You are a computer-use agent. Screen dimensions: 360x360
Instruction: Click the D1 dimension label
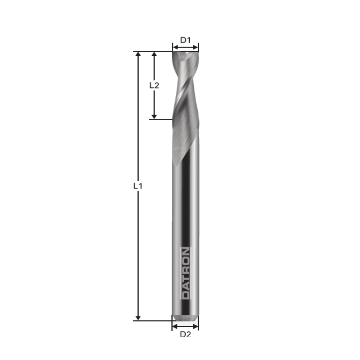[185, 40]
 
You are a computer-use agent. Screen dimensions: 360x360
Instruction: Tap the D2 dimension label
[185, 334]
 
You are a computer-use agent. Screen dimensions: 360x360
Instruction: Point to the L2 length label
[154, 85]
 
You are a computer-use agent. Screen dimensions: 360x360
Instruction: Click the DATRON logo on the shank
[185, 273]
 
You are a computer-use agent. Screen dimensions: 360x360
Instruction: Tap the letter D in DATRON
[185, 295]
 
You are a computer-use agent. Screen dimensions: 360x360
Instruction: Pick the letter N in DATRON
[185, 251]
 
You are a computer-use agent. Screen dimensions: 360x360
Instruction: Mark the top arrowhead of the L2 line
[154, 54]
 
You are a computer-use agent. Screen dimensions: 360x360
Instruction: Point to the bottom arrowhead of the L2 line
[154, 116]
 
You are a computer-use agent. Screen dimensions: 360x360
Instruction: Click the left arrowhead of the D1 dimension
[175, 47]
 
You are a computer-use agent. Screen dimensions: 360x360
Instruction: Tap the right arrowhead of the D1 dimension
[196, 47]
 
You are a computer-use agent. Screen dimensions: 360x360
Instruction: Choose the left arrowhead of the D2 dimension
[175, 326]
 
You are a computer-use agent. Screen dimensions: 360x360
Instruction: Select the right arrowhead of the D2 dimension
[196, 326]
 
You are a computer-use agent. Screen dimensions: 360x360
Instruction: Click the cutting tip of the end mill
[185, 53]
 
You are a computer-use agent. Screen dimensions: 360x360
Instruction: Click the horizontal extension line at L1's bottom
[153, 320]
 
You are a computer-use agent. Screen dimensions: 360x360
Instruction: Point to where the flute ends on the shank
[176, 164]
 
